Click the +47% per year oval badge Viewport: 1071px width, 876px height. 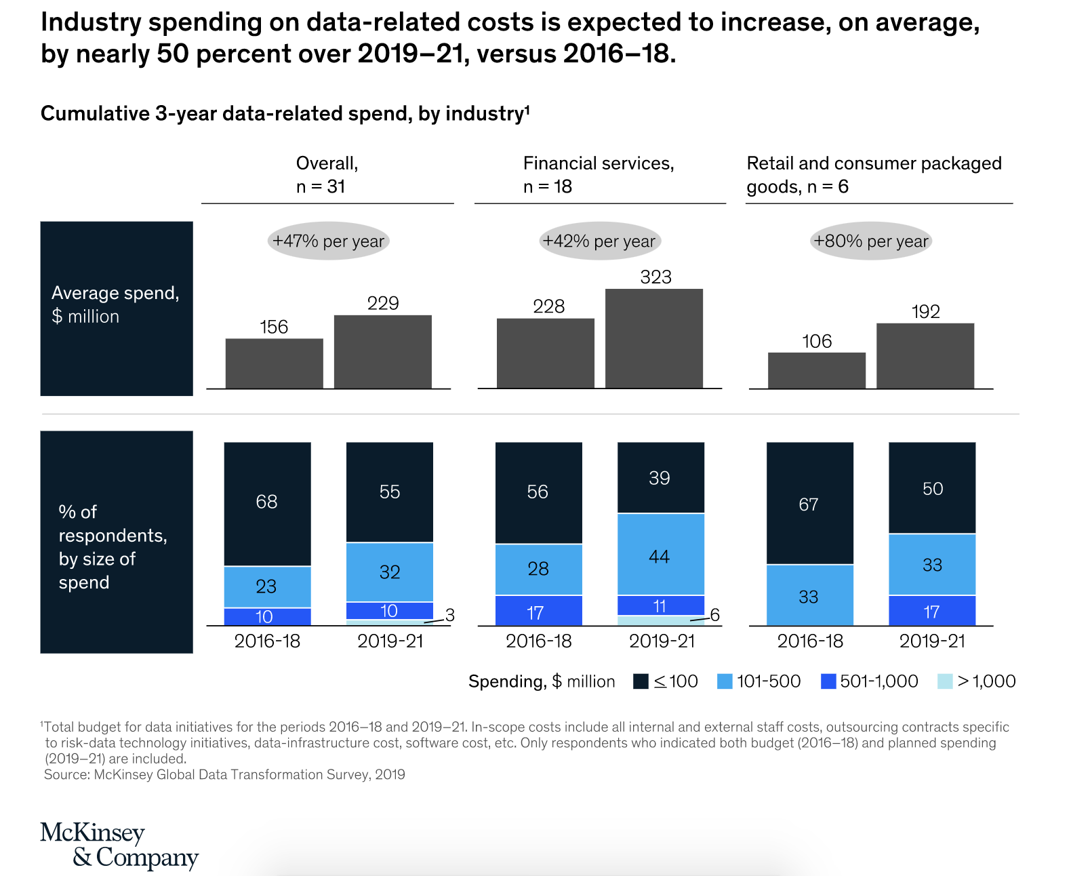pos(328,241)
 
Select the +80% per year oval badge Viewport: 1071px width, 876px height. pos(870,241)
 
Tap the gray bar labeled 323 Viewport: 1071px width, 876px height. pos(653,338)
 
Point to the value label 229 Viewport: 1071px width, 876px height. pos(383,303)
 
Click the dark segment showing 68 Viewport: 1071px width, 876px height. pos(267,503)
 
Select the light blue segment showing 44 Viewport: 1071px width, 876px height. pos(660,554)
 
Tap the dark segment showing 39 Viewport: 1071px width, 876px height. pos(660,477)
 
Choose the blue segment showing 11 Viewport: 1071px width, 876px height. pos(660,605)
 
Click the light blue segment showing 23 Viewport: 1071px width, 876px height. pos(267,586)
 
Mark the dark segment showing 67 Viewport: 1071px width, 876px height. pos(809,503)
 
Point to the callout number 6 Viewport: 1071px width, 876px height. pos(714,615)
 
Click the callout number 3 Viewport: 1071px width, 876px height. pos(449,615)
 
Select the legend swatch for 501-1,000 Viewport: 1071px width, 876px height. pos(828,681)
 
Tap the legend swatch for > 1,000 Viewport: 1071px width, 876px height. pos(945,681)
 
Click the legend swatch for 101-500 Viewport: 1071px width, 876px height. pos(725,681)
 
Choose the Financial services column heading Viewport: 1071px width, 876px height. pos(599,174)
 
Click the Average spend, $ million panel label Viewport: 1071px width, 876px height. pos(116,305)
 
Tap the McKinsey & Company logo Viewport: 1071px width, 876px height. pos(119,845)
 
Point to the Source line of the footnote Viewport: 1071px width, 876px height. pos(224,774)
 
